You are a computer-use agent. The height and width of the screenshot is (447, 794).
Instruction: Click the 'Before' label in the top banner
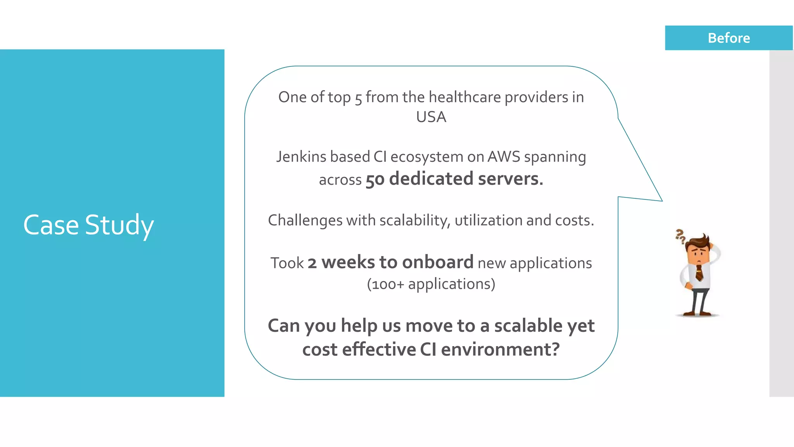(x=728, y=38)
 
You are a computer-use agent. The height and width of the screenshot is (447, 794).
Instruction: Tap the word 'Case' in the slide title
(x=51, y=225)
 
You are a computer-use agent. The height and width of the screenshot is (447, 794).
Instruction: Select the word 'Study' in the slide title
(x=119, y=226)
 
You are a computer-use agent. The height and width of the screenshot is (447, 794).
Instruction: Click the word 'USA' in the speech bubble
(x=431, y=117)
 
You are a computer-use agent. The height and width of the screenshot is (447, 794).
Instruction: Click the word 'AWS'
(x=504, y=157)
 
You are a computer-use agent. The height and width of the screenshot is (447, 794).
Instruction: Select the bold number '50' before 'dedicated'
(x=375, y=180)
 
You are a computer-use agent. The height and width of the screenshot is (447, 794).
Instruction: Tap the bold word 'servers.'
(x=511, y=179)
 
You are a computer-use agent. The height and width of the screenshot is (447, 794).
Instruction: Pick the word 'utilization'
(x=488, y=220)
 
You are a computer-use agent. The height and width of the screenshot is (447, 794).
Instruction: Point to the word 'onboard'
(x=438, y=262)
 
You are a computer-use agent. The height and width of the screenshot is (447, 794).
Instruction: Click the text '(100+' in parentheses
(x=385, y=284)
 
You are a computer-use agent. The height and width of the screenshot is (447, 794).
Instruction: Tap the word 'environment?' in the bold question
(x=500, y=349)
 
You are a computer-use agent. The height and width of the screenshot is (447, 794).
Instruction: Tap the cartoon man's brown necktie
(x=699, y=272)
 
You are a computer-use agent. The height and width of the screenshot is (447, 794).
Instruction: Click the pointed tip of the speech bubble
(x=661, y=201)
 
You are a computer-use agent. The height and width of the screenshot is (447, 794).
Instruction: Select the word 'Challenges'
(x=305, y=221)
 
